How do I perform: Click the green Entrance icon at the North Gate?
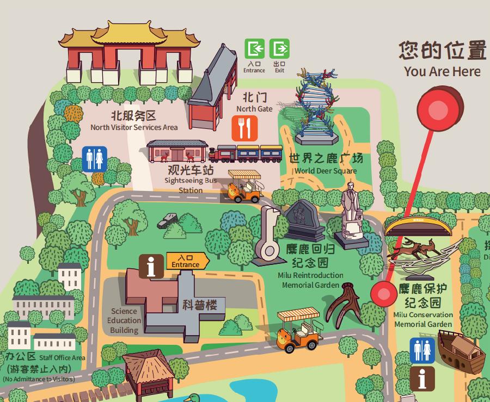(x=254, y=49)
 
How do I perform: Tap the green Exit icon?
(x=280, y=49)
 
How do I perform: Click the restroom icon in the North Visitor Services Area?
(x=94, y=159)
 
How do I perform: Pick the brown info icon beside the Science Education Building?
(x=151, y=267)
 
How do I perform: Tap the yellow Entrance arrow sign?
(x=187, y=261)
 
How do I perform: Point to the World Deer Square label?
(x=326, y=163)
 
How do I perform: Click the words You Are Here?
(x=442, y=71)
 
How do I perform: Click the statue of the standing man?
(x=351, y=214)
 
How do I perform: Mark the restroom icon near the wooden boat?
(x=422, y=350)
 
